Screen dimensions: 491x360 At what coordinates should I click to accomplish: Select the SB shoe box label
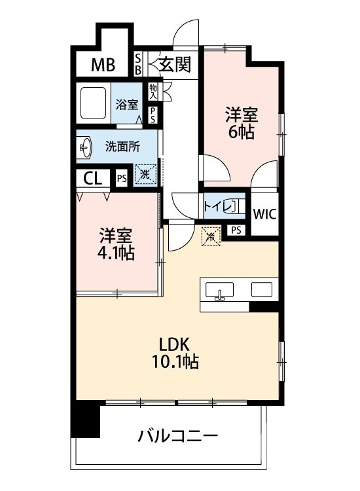click(x=138, y=64)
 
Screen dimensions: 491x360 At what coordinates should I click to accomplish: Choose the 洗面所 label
click(x=122, y=147)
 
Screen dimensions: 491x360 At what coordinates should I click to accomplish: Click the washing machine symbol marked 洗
click(x=146, y=175)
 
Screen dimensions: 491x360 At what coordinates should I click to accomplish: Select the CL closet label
click(x=93, y=178)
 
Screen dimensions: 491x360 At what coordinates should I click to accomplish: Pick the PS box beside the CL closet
click(x=121, y=178)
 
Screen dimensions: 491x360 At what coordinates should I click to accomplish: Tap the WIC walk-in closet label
click(x=264, y=213)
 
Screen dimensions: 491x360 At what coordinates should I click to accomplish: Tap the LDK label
click(x=173, y=343)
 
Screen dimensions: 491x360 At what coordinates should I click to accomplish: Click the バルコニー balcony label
click(x=178, y=435)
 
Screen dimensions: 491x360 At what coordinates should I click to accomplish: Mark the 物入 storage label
click(x=153, y=91)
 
